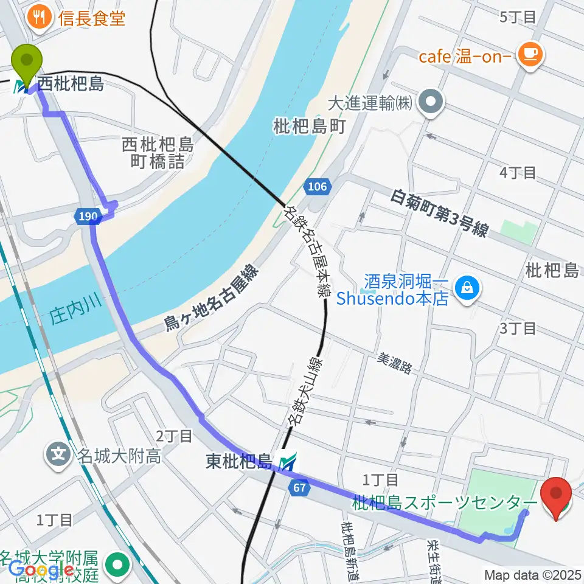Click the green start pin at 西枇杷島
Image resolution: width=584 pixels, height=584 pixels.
pyautogui.click(x=28, y=61)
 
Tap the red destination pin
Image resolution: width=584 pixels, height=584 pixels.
pyautogui.click(x=555, y=493)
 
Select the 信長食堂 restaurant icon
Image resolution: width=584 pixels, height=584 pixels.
pyautogui.click(x=40, y=18)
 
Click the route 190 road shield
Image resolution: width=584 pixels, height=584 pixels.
pyautogui.click(x=86, y=215)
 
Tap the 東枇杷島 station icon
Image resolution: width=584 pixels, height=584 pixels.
pyautogui.click(x=287, y=462)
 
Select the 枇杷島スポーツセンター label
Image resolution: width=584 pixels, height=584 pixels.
pyautogui.click(x=445, y=502)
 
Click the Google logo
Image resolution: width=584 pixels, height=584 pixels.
pyautogui.click(x=41, y=569)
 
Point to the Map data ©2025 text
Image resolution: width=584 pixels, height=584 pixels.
pyautogui.click(x=532, y=574)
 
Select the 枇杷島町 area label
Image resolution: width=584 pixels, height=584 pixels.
pyautogui.click(x=310, y=127)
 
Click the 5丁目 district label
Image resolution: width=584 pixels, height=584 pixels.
pyautogui.click(x=517, y=17)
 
